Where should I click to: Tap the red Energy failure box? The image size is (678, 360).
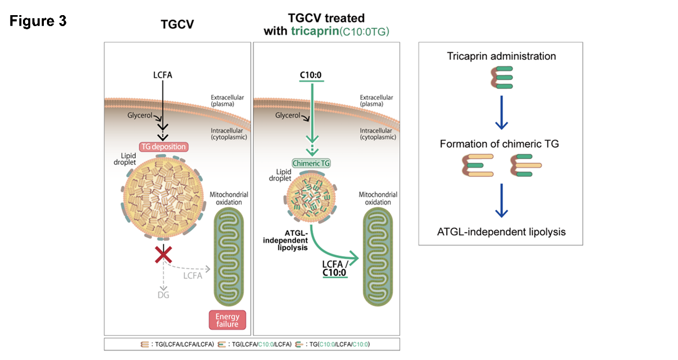(227, 320)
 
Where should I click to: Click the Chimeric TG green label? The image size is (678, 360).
(312, 163)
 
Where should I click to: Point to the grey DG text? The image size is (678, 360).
(163, 295)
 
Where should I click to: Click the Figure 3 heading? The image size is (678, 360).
(38, 22)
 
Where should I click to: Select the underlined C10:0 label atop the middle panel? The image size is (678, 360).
(311, 75)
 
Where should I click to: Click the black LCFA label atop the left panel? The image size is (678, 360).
(161, 75)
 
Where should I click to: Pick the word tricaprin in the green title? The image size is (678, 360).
(314, 31)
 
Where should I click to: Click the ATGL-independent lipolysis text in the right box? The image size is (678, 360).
(501, 232)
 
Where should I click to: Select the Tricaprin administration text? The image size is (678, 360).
(501, 56)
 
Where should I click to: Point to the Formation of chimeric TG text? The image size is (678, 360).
(501, 143)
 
